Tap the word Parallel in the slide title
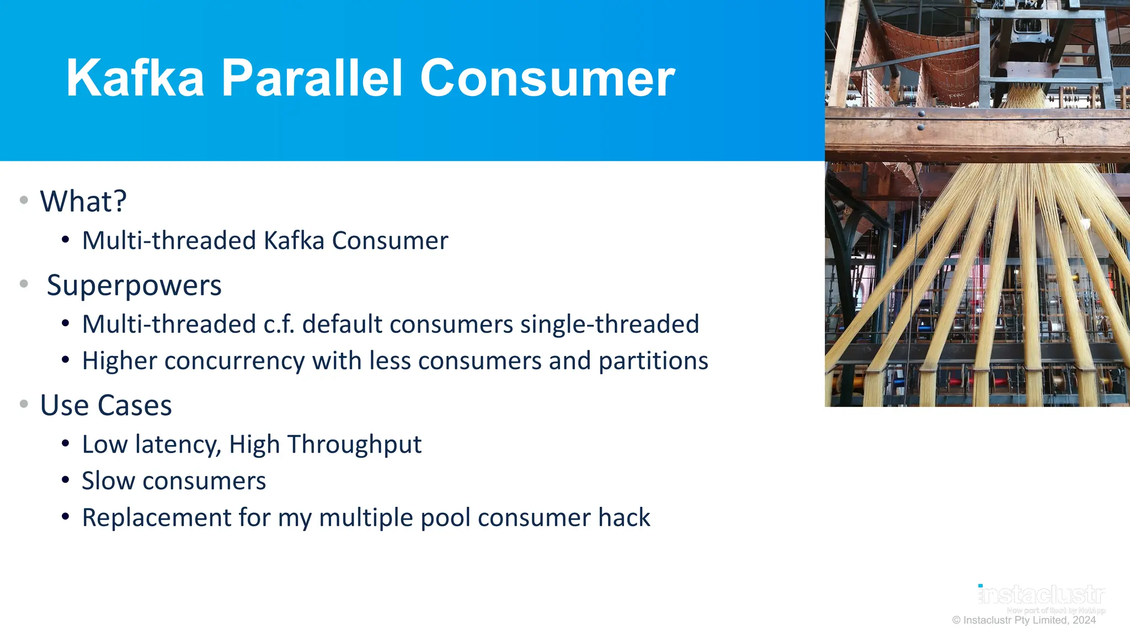(312, 78)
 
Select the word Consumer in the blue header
(547, 78)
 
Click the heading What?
(83, 201)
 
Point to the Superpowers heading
(134, 285)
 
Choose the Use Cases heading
(106, 405)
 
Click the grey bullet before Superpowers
(24, 284)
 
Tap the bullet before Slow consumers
(66, 480)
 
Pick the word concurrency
(234, 361)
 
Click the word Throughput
(354, 444)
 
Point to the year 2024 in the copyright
(1084, 621)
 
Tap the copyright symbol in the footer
(956, 621)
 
